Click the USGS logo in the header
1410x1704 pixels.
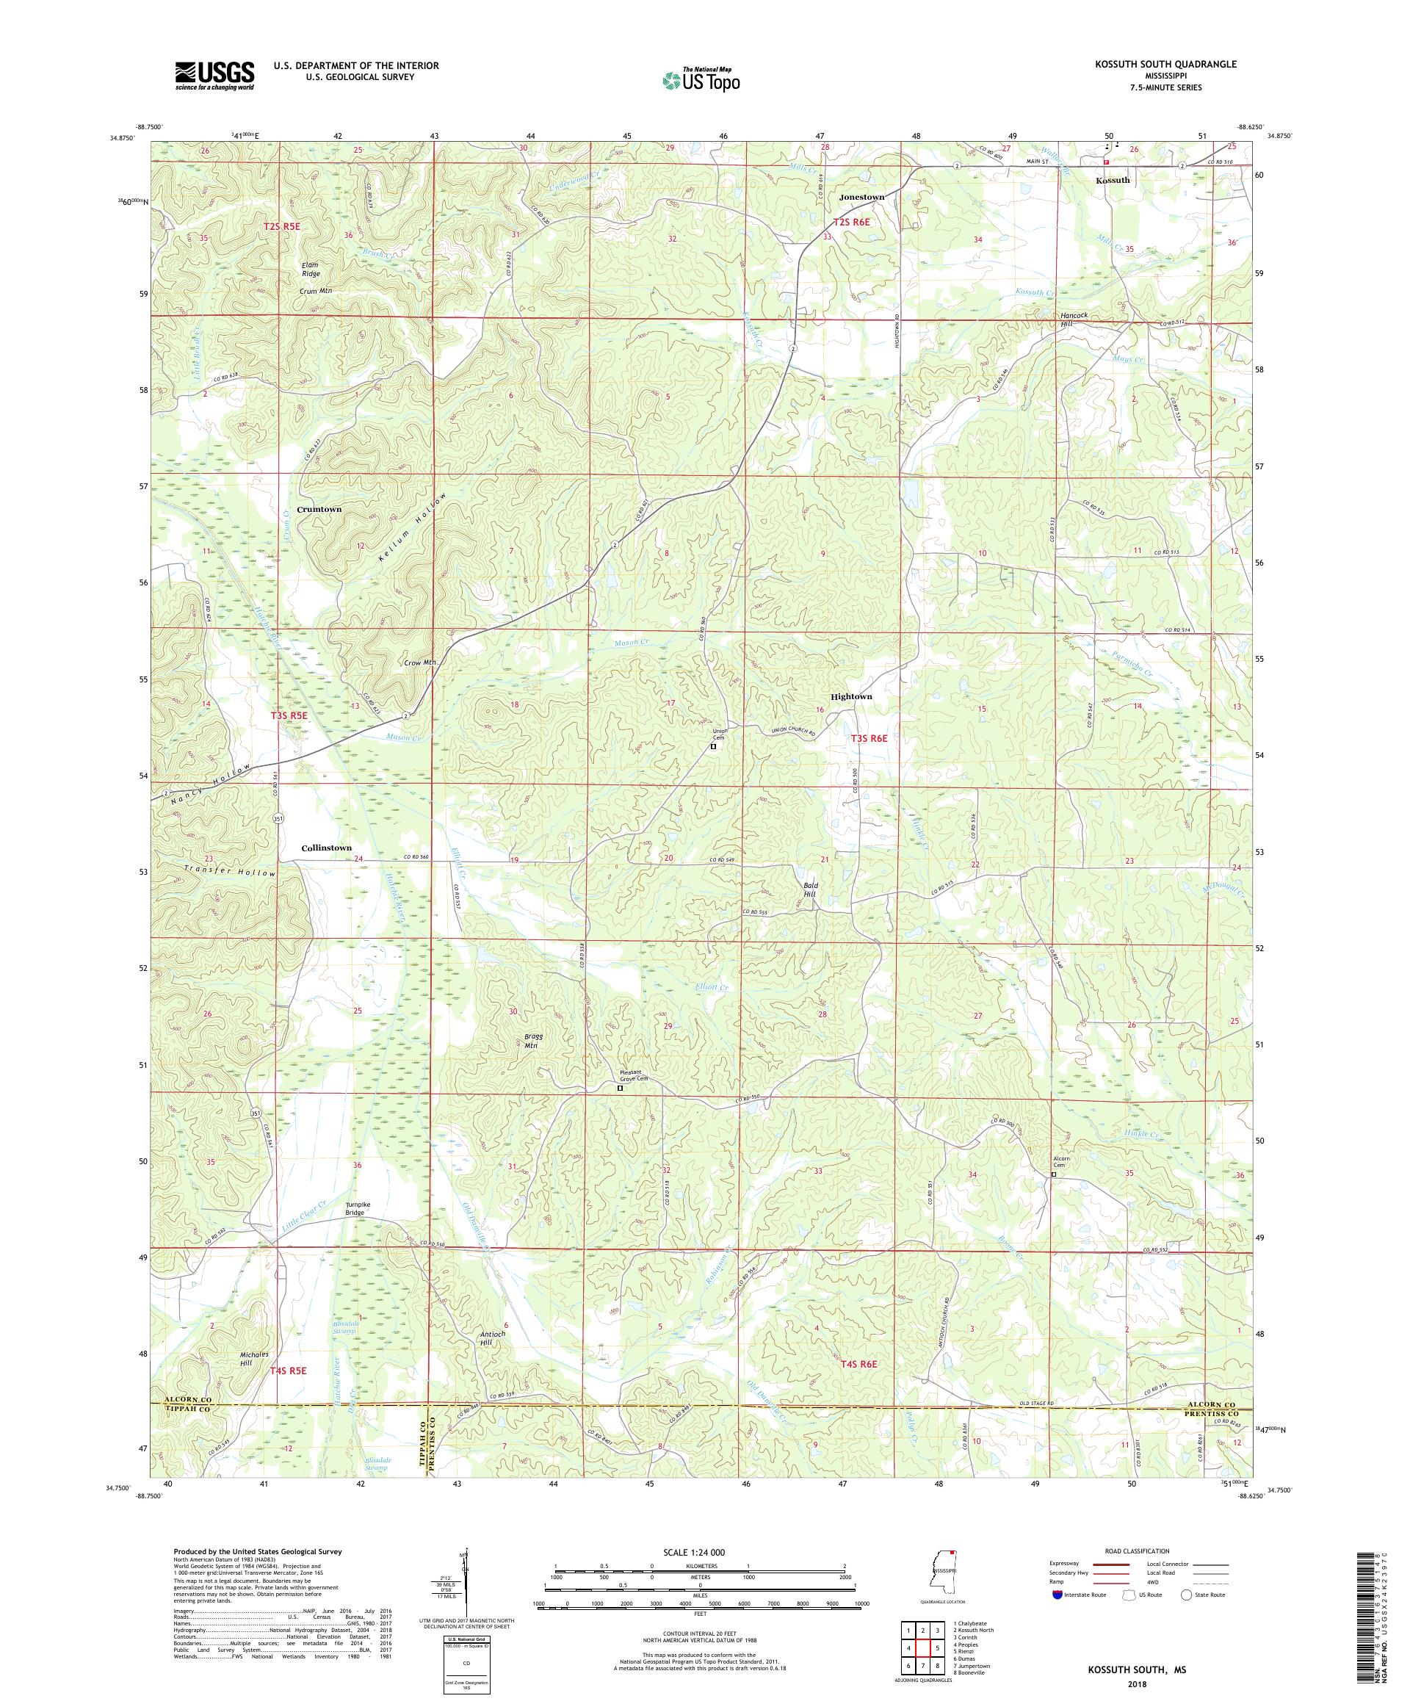tap(215, 76)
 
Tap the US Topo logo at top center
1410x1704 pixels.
tap(702, 79)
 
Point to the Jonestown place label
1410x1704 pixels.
tap(861, 197)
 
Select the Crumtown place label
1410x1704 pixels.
tap(319, 509)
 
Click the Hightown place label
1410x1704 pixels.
tap(851, 696)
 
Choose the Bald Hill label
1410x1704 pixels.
tap(809, 889)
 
